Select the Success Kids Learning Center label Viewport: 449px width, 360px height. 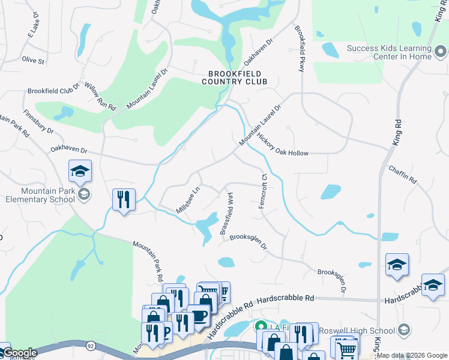coord(390,53)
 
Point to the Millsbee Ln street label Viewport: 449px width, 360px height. coord(187,200)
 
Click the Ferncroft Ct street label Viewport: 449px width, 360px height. coord(262,192)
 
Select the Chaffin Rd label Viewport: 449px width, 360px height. coord(402,175)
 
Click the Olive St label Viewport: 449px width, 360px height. coord(33,61)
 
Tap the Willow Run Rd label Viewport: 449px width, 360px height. coord(100,96)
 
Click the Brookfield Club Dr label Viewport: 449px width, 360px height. coord(53,91)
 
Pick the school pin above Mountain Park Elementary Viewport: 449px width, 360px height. coord(80,171)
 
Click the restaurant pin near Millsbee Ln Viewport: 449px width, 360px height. coord(124,199)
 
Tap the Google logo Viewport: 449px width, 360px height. coord(20,353)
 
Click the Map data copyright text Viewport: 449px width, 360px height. coord(412,355)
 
